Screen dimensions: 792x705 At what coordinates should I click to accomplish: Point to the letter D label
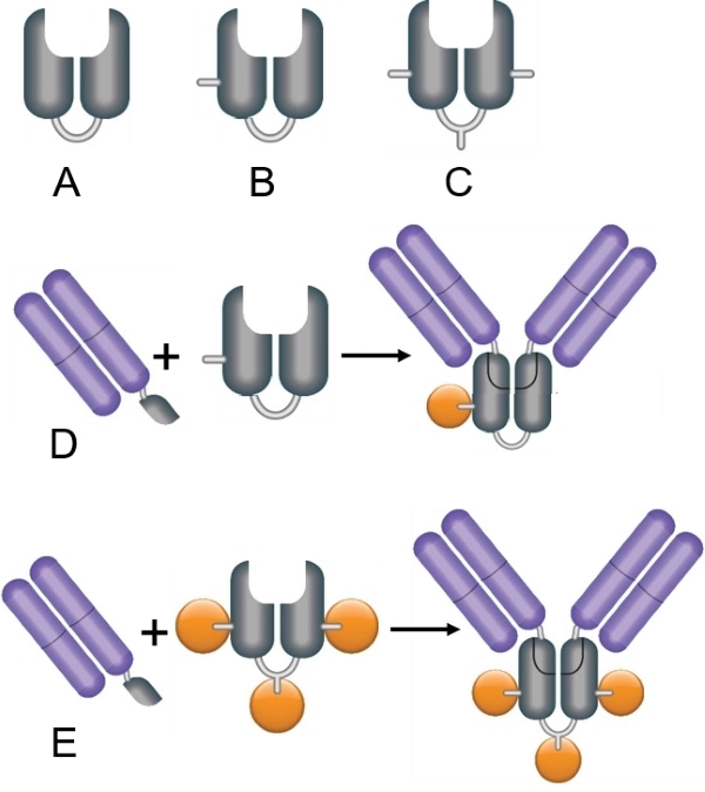[64, 446]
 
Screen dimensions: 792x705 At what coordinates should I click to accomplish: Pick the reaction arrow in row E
[424, 630]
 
